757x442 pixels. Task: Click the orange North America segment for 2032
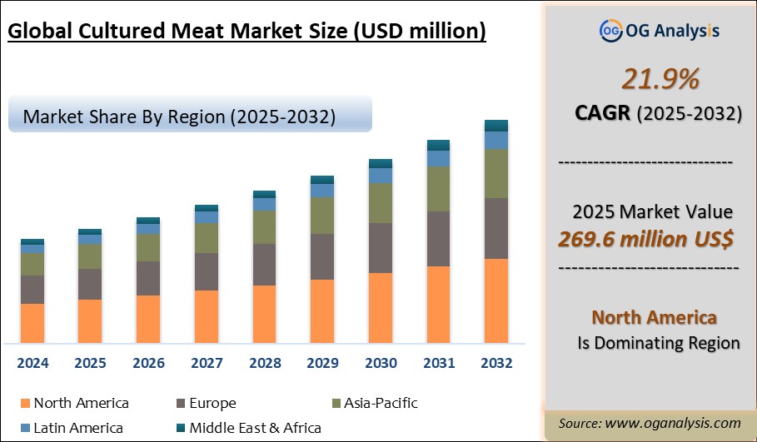tap(496, 300)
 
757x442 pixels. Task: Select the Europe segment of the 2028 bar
tap(264, 265)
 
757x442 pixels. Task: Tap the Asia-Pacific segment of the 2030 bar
tap(380, 203)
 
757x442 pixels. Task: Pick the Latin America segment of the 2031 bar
tap(438, 158)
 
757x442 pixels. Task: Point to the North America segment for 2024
tap(32, 323)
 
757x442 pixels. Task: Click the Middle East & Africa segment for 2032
tap(496, 126)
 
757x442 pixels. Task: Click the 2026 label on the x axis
tap(148, 364)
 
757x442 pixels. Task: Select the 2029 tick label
tap(322, 364)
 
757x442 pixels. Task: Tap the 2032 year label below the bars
tap(496, 364)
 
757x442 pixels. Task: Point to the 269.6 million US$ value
tap(646, 240)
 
